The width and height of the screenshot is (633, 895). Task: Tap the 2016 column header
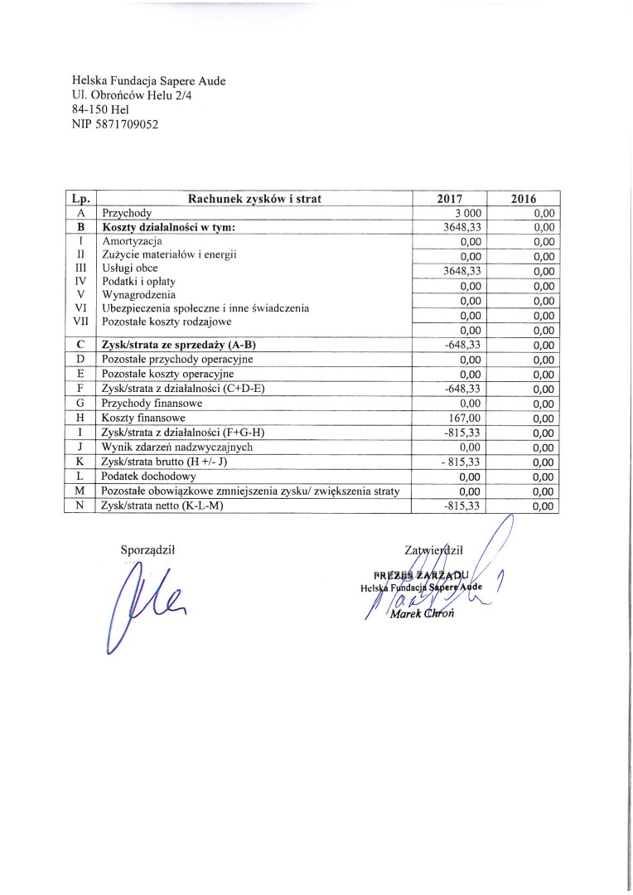pos(524,199)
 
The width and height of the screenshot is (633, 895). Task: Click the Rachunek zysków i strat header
pos(254,199)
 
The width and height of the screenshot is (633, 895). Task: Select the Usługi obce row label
pos(129,268)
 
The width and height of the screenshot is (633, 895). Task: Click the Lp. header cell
pos(81,199)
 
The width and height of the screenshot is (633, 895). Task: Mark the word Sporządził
pos(149,548)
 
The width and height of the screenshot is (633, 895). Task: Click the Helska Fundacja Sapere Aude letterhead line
pos(149,80)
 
